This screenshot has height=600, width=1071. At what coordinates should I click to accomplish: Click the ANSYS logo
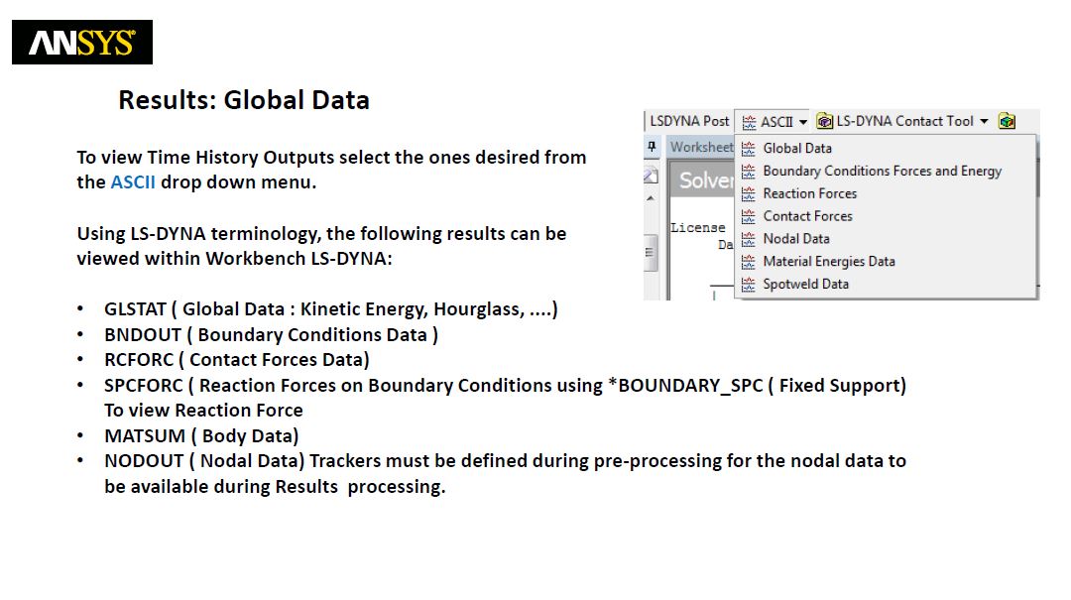(82, 43)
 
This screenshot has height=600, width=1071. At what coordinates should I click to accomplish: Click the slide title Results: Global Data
(244, 100)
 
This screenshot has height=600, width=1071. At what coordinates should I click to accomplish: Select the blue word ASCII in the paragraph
(133, 182)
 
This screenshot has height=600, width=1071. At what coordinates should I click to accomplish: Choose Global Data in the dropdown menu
(797, 149)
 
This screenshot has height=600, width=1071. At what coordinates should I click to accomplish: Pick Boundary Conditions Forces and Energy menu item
(882, 171)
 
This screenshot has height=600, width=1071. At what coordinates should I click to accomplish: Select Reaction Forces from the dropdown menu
(809, 193)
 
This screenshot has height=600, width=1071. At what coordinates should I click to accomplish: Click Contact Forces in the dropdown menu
(807, 216)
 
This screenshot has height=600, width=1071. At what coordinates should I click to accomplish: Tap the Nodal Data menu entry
(795, 238)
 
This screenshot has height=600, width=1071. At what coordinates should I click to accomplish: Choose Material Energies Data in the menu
(828, 261)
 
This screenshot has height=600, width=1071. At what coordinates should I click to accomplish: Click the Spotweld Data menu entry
(805, 284)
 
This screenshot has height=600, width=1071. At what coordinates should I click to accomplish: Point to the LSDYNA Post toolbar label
(689, 122)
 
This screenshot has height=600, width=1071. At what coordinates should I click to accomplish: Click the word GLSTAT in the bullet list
(135, 309)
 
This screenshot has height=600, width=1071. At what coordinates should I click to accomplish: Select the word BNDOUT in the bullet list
(143, 335)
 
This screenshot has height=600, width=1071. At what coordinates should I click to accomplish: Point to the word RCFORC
(139, 360)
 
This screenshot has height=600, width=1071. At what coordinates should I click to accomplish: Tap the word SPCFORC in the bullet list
(144, 386)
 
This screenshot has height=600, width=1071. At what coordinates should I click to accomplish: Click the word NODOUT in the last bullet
(144, 461)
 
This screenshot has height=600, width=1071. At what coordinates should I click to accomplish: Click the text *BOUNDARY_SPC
(685, 386)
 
